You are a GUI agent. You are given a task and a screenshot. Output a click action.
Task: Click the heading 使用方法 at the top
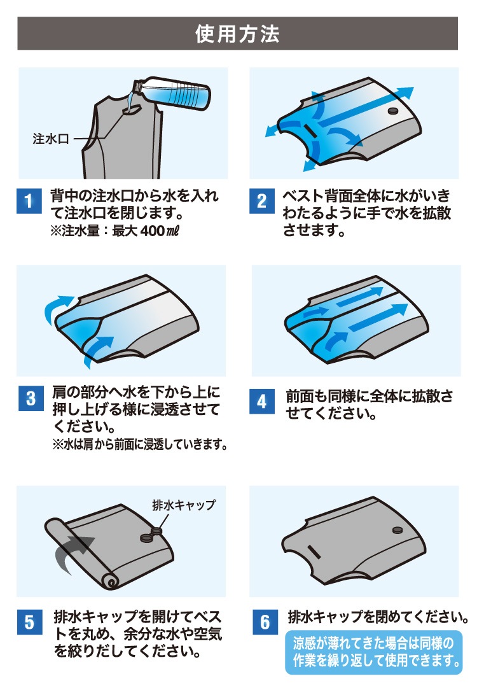tap(237, 34)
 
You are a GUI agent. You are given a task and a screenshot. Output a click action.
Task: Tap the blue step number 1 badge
tap(29, 201)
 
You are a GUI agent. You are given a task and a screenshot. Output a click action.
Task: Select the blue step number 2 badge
tap(262, 201)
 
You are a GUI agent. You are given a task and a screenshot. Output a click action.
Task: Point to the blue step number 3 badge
tap(31, 398)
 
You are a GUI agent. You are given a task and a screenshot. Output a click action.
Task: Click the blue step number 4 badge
tap(262, 401)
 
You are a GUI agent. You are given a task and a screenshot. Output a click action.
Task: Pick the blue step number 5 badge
tap(29, 622)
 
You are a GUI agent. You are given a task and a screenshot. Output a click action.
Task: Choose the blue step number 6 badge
tap(265, 622)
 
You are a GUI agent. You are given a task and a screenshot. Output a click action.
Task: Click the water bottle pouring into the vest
tap(173, 94)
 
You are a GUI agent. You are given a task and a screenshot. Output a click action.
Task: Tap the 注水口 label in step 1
tap(50, 139)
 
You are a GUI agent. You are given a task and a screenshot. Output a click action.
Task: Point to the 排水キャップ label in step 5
tap(184, 505)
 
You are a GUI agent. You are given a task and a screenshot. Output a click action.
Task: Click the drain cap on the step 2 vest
tap(393, 111)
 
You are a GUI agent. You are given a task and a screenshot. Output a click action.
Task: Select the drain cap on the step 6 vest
tap(397, 530)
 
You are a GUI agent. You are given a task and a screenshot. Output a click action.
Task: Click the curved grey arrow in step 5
tap(71, 551)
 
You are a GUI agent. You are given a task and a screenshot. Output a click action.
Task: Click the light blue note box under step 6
tap(373, 652)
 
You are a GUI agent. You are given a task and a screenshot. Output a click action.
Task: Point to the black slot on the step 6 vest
tap(314, 552)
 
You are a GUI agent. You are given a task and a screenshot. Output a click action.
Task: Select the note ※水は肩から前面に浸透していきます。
tap(140, 444)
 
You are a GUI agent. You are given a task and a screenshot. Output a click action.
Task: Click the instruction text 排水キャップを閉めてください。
tap(378, 617)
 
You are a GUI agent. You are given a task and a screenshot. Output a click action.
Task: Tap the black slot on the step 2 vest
tap(310, 130)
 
